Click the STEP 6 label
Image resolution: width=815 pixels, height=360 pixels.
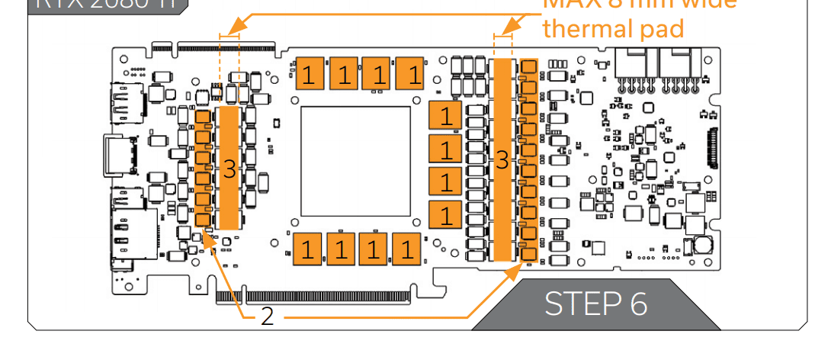pyautogui.click(x=595, y=304)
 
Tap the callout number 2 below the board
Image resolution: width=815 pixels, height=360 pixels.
pyautogui.click(x=266, y=316)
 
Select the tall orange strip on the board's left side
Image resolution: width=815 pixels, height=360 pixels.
pyautogui.click(x=229, y=168)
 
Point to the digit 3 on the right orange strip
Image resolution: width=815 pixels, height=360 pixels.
pyautogui.click(x=502, y=160)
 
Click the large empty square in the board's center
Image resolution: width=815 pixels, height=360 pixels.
pyautogui.click(x=356, y=161)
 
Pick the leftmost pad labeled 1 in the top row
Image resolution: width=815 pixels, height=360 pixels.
pyautogui.click(x=309, y=74)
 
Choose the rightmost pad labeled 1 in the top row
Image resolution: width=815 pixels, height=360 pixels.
pyautogui.click(x=413, y=74)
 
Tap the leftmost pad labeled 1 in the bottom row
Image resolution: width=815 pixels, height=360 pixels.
pyautogui.click(x=306, y=249)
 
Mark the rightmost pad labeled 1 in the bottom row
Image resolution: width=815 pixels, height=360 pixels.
pyautogui.click(x=408, y=249)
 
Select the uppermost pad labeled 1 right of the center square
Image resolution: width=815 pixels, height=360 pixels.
pyautogui.click(x=445, y=116)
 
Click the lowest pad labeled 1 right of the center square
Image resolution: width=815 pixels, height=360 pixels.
pyautogui.click(x=445, y=214)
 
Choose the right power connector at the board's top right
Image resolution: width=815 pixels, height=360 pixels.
pyautogui.click(x=681, y=67)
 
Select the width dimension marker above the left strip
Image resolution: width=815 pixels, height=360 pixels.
pyautogui.click(x=229, y=34)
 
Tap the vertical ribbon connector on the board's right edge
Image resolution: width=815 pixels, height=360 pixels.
pyautogui.click(x=713, y=148)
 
